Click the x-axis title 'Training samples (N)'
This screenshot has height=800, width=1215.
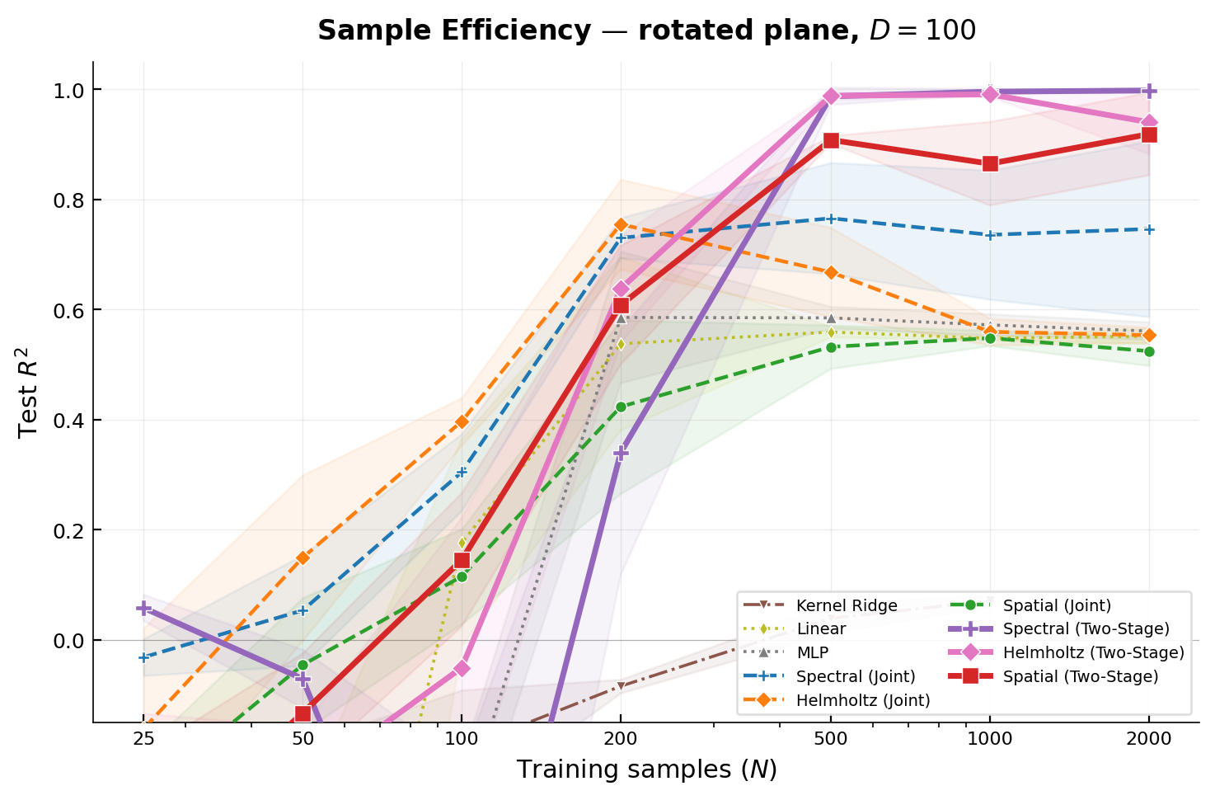pos(646,769)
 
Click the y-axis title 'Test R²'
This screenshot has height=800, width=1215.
pos(29,392)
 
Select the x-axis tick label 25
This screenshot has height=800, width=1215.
pos(143,739)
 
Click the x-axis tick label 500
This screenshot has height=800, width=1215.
pos(831,739)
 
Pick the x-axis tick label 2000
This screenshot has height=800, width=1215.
pos(1148,739)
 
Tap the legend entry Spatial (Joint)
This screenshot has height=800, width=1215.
pos(1057,605)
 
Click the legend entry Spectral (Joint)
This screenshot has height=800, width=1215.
pos(856,676)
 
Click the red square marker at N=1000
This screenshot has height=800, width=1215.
pos(990,163)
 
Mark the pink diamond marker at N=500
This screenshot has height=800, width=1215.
pos(831,96)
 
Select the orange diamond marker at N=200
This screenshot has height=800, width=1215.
pos(621,224)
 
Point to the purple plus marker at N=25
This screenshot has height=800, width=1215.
pos(143,608)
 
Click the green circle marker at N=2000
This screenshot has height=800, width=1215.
pos(1148,351)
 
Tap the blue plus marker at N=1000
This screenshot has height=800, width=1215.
pos(990,235)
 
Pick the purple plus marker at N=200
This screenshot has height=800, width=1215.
pos(621,453)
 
